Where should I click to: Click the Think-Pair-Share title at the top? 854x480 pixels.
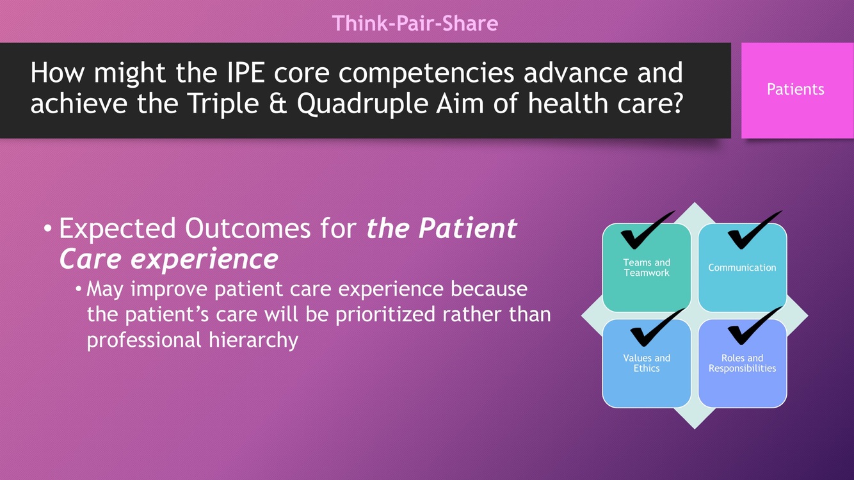(415, 23)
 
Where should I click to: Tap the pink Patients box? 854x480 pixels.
(797, 90)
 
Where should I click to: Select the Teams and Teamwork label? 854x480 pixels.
(647, 268)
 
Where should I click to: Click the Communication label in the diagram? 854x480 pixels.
(742, 268)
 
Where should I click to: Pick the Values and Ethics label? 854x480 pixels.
(647, 363)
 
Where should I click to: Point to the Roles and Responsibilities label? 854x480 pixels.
(743, 363)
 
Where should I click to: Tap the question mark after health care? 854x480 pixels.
(676, 104)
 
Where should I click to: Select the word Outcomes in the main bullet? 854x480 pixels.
(248, 228)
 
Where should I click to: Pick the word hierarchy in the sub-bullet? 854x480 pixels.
(253, 340)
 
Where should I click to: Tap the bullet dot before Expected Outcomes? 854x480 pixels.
(47, 229)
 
